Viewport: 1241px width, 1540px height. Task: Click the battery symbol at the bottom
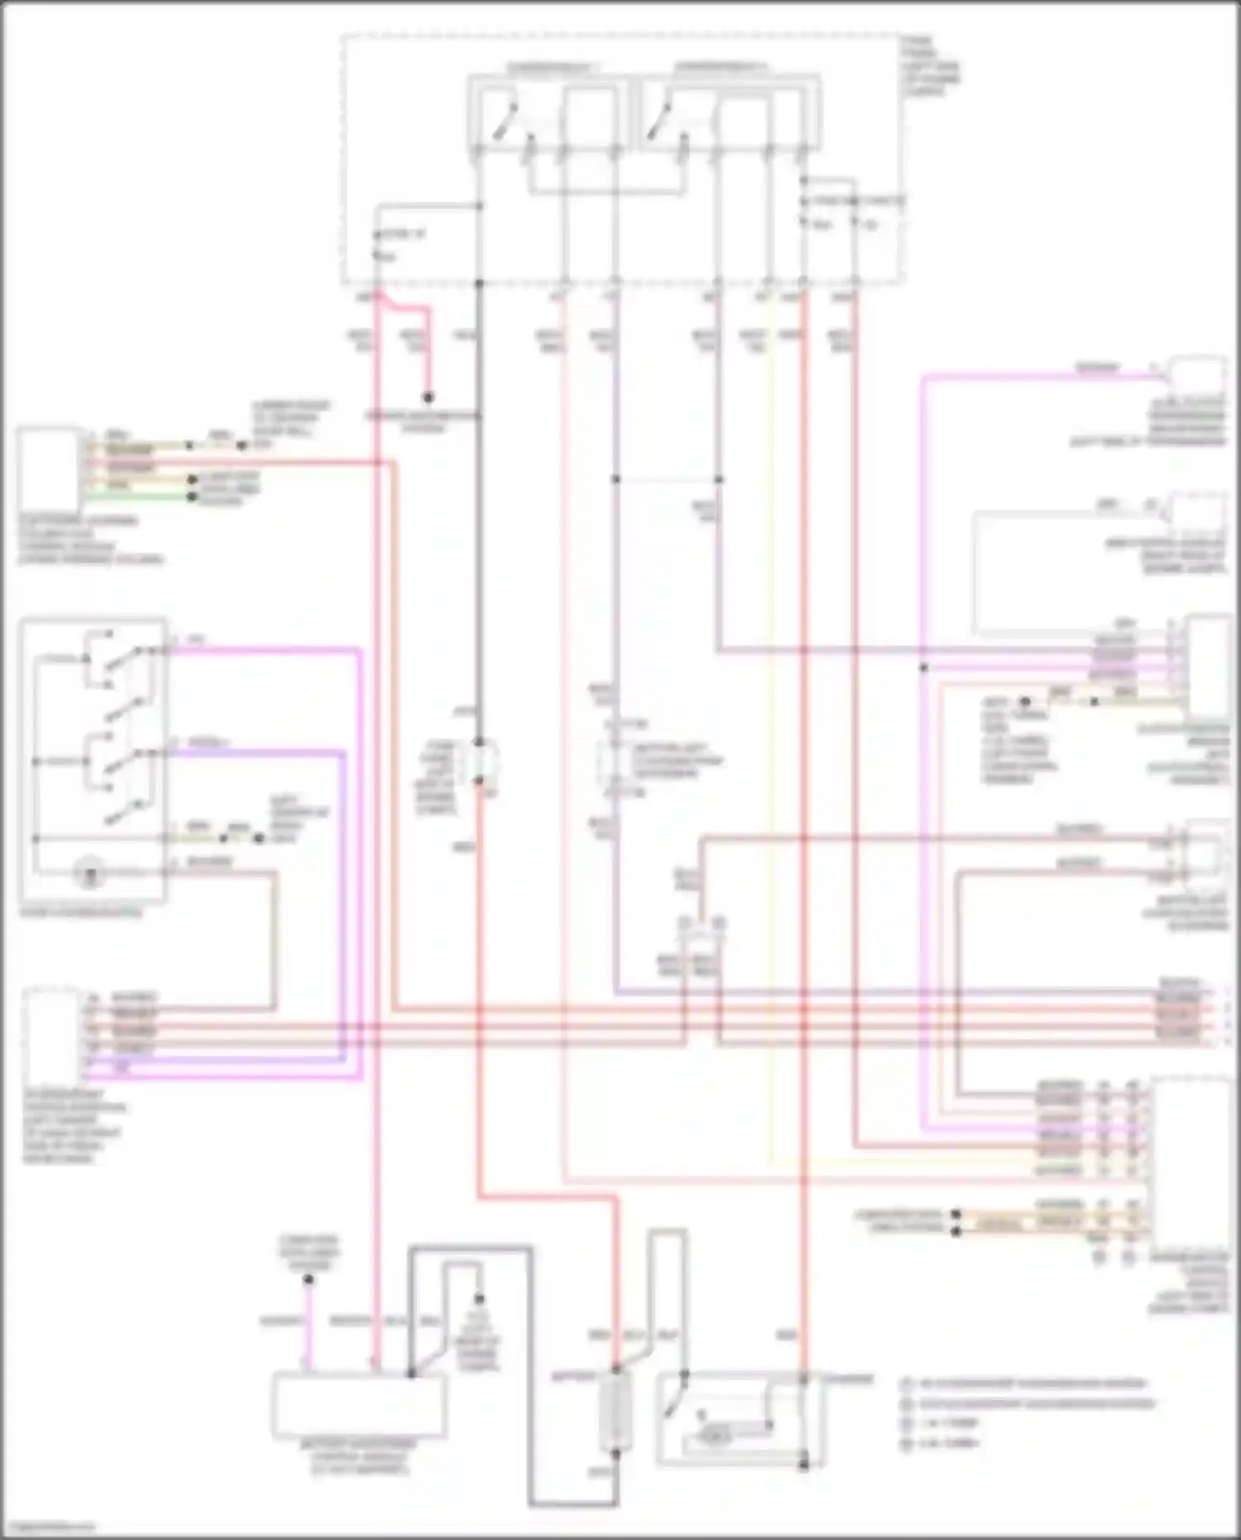tap(616, 1418)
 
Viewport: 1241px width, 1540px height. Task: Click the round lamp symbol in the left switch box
tap(88, 871)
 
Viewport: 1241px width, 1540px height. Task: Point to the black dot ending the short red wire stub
tap(429, 398)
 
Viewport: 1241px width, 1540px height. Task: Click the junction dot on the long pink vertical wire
tap(923, 667)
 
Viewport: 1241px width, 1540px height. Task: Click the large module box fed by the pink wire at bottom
tap(358, 1405)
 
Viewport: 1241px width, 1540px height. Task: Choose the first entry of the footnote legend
tap(1026, 1383)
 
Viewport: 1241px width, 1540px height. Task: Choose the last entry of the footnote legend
tap(943, 1444)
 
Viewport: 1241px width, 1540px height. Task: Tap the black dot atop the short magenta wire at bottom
tap(308, 1279)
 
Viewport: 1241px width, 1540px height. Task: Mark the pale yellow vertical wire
tap(773, 745)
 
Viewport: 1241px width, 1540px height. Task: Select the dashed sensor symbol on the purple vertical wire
tap(614, 760)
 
